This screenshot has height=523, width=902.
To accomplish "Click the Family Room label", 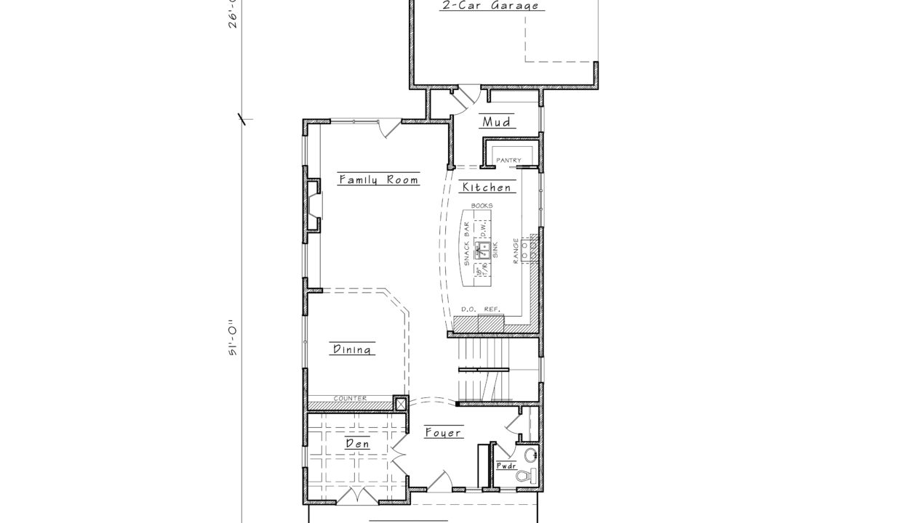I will coord(378,179).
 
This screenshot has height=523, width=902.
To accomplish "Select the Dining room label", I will coord(354,349).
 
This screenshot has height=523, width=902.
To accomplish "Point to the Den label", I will coord(356,444).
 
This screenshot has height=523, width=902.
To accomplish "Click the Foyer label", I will coord(443,433).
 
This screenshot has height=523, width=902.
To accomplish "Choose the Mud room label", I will coord(497,122).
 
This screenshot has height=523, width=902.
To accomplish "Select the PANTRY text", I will coord(508,161).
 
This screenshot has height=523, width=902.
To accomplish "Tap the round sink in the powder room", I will coord(532,455).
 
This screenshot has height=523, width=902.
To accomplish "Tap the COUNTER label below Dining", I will coord(350,398).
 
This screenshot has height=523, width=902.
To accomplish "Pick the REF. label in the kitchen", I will coord(492,309).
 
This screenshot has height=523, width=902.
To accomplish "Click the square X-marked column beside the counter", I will coord(399,403).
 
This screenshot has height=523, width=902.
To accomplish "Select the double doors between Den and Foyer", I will coord(397,454).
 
